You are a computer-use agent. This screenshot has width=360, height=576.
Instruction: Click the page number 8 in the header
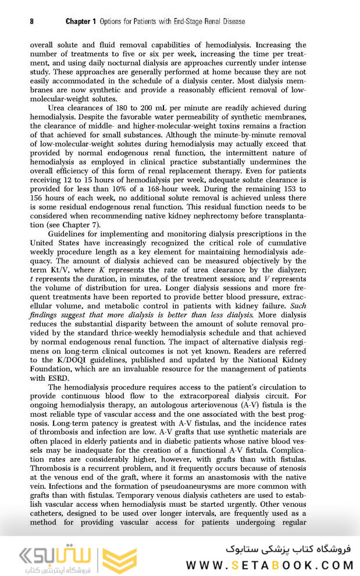[31, 22]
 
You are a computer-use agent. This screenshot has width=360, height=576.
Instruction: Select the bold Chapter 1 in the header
[81, 22]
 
